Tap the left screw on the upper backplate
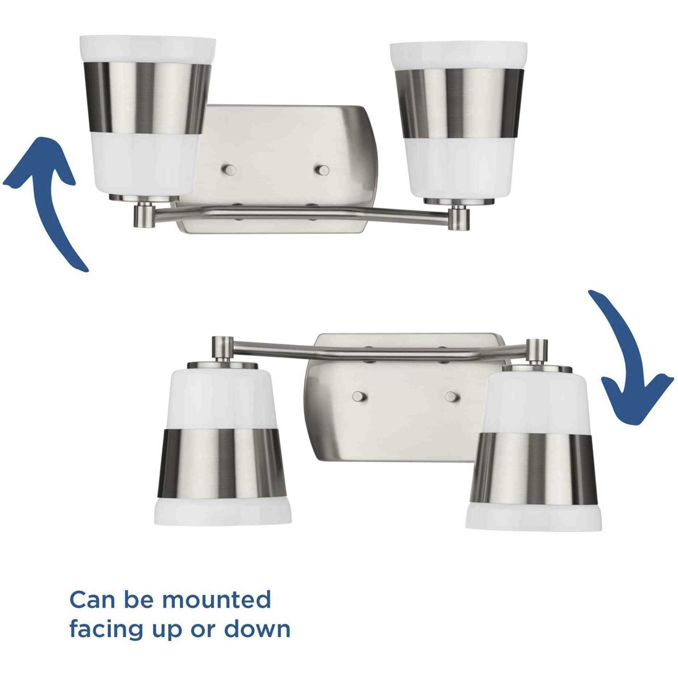pos(230,170)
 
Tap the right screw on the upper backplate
pos(322,170)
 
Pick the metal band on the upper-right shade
pos(462,103)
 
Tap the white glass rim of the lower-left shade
pos(220,517)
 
